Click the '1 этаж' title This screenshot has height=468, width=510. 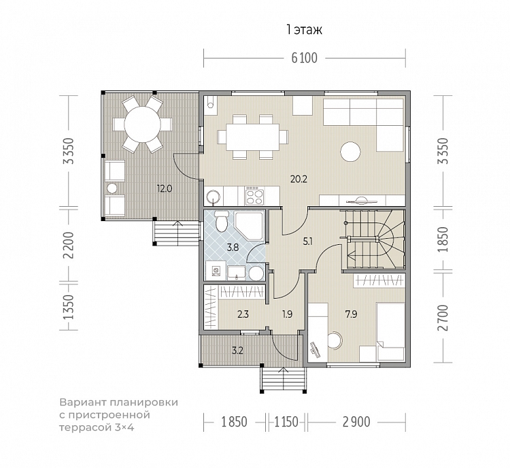click(x=304, y=30)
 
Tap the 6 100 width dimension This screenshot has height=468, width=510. click(x=304, y=58)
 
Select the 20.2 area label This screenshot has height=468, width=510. click(x=299, y=179)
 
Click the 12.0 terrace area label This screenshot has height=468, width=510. click(x=165, y=188)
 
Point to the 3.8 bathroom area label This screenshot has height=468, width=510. click(x=233, y=248)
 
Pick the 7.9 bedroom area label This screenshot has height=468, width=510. click(x=352, y=314)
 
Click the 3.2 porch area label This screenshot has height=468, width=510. click(x=237, y=351)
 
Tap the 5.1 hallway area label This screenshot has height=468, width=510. click(x=307, y=241)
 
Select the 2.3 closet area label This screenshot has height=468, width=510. click(x=243, y=314)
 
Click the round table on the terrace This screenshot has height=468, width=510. click(x=143, y=124)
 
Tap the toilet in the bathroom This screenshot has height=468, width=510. click(x=222, y=221)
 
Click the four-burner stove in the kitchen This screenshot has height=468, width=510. click(x=254, y=196)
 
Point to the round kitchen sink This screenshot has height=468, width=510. click(x=214, y=197)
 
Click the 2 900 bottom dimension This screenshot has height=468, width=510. click(x=356, y=422)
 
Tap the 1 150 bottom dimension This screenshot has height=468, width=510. click(x=286, y=422)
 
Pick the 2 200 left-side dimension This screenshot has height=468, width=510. click(x=69, y=245)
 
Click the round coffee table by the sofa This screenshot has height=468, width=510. click(x=350, y=152)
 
